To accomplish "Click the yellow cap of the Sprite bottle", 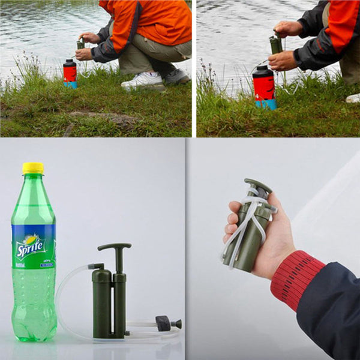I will coord(33,169).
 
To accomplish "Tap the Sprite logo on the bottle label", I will coord(31,246).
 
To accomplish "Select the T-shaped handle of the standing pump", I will coord(115,247).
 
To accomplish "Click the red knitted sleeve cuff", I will coord(296,280).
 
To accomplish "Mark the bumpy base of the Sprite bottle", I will coord(34,327).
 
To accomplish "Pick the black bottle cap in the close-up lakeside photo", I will coord(262,70).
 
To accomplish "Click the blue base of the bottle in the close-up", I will coord(266,104).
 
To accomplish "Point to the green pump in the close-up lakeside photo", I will coord(275,46).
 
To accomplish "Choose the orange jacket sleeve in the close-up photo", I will coord(342,24).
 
